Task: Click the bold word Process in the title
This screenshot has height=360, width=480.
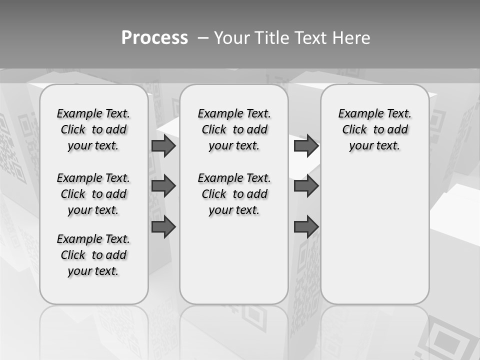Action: coord(154,37)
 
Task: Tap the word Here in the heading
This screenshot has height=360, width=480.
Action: coord(352,38)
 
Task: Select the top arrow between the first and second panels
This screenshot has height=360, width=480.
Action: coord(163,146)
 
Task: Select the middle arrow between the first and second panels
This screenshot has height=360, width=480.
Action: coord(163,186)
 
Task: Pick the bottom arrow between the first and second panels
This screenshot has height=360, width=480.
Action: coord(163,226)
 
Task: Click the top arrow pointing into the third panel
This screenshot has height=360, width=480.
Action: coord(306,146)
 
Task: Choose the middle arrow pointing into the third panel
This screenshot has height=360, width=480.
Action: coord(306,186)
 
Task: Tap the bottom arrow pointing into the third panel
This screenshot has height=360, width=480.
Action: coord(306,226)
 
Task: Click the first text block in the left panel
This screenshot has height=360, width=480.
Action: coord(93,129)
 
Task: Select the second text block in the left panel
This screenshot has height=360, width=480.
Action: coord(93,194)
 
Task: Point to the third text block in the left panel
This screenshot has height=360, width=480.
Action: coord(93,255)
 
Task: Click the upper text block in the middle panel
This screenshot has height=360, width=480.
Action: coord(234,129)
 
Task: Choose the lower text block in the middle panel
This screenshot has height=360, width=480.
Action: coord(234,194)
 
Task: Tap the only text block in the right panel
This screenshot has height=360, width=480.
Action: coord(375,129)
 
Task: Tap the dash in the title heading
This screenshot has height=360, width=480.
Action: coord(203,38)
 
